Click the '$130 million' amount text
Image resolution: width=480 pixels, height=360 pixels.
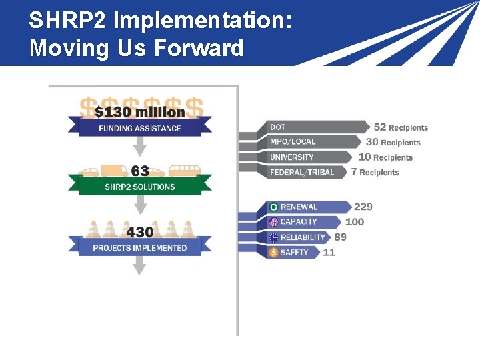(140, 112)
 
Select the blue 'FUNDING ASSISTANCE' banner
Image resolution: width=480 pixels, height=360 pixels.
(140, 128)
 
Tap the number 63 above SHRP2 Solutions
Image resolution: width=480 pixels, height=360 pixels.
(139, 171)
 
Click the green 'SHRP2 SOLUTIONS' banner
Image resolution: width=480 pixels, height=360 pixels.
(140, 187)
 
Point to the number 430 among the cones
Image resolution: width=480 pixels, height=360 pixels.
(140, 232)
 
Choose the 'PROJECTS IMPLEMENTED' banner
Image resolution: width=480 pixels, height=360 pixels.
(140, 248)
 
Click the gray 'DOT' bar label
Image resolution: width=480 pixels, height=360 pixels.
(278, 127)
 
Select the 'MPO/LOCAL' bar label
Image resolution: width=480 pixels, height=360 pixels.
(293, 142)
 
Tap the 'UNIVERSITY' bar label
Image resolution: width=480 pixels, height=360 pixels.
(291, 157)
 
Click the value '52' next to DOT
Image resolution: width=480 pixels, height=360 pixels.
(380, 127)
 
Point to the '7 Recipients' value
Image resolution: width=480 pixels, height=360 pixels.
(375, 173)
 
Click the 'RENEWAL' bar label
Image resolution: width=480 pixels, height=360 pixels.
(299, 207)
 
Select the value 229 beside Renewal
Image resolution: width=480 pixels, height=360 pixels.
(363, 207)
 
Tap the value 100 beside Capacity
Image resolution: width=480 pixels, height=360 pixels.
(355, 222)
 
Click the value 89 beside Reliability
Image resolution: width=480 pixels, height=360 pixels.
(340, 237)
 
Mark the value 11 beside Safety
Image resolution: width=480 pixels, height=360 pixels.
(329, 252)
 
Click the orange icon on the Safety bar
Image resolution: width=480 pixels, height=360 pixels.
(273, 253)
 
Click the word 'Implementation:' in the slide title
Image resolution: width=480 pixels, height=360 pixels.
(203, 21)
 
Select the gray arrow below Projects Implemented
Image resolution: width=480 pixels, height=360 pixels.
(139, 266)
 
